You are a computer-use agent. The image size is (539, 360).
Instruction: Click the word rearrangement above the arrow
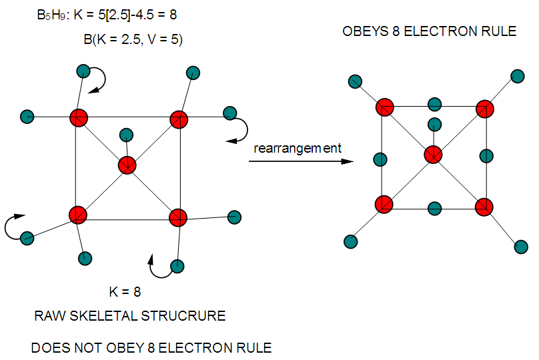tap(297, 148)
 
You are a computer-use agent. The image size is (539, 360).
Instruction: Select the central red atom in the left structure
tap(127, 165)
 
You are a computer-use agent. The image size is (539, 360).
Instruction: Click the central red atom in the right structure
tap(434, 155)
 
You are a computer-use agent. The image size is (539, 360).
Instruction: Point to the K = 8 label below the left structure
tap(125, 291)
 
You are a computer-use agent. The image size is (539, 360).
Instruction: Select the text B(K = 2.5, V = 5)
tap(133, 39)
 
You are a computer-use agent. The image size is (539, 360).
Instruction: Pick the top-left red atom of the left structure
tap(79, 117)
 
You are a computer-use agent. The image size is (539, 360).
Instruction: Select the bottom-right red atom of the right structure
tap(484, 206)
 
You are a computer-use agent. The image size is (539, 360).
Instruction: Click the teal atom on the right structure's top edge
tap(434, 104)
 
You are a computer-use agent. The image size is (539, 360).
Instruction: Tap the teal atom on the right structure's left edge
tap(381, 159)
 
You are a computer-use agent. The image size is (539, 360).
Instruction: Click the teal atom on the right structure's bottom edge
tap(434, 207)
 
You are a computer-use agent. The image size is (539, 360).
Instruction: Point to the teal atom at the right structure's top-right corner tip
tap(517, 75)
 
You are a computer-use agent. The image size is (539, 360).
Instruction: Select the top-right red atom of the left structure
tap(178, 119)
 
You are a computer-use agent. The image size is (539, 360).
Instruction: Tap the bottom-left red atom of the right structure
tap(384, 204)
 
